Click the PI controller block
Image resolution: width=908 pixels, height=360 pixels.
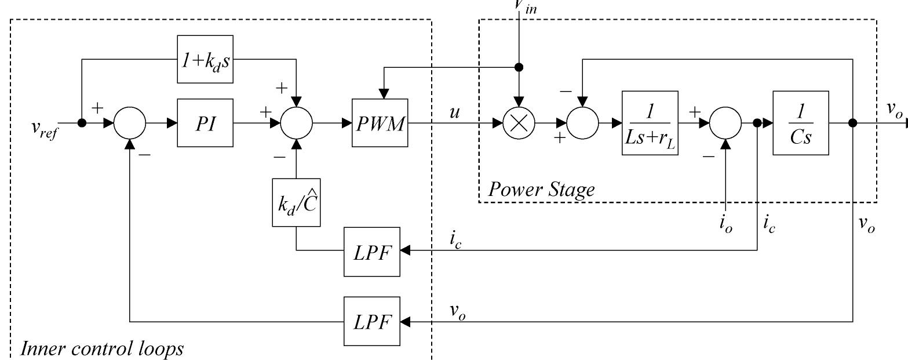click(x=205, y=123)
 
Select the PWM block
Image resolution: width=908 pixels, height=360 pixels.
click(x=380, y=123)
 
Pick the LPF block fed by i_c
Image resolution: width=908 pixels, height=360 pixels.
click(x=372, y=251)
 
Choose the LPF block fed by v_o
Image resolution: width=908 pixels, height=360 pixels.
click(x=372, y=321)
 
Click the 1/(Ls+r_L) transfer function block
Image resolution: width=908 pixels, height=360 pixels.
click(x=650, y=123)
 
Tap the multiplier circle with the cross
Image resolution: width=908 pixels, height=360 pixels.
click(x=519, y=123)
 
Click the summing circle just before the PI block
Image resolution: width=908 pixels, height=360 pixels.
click(x=130, y=123)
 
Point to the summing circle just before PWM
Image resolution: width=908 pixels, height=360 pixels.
click(x=296, y=123)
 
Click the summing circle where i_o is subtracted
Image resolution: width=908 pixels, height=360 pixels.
click(x=725, y=123)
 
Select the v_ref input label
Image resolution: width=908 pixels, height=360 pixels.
click(x=45, y=126)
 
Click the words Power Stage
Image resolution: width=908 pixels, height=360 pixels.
click(x=541, y=190)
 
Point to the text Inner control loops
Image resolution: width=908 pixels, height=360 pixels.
click(x=102, y=349)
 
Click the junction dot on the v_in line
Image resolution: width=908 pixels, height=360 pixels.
click(x=519, y=67)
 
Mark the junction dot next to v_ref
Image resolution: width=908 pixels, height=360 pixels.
click(x=82, y=123)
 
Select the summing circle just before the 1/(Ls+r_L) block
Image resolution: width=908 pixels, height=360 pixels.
click(x=583, y=123)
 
